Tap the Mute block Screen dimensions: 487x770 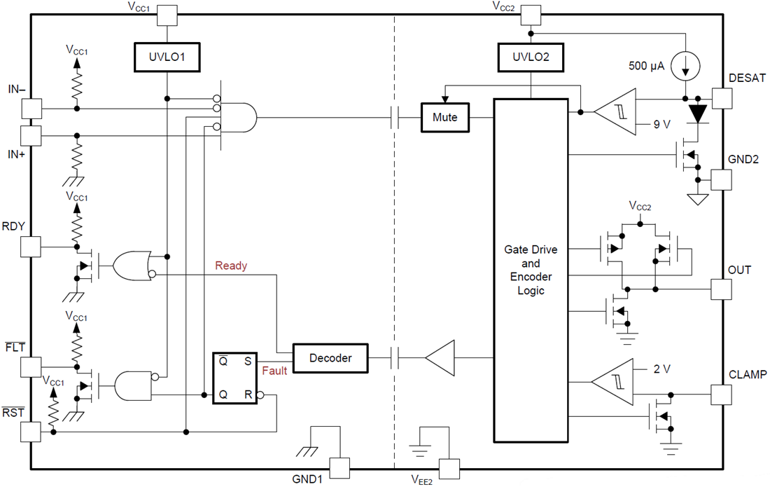coord(444,117)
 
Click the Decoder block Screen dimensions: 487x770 coord(330,358)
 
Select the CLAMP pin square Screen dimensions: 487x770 coord(722,395)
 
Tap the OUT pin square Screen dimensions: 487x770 coord(722,289)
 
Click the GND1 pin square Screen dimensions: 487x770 coord(339,467)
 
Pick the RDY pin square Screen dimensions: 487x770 coord(31,247)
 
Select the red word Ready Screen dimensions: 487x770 coord(231,266)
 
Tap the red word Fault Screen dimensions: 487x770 coord(274,371)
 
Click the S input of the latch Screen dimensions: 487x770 coord(247,361)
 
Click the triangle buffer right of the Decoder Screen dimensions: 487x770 coord(439,358)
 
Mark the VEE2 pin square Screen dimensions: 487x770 coord(449,467)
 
